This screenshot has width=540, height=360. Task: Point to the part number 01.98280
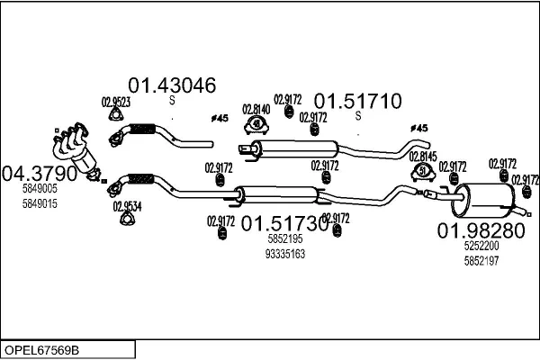pyautogui.click(x=481, y=230)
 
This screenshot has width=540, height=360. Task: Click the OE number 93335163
pyautogui.click(x=286, y=254)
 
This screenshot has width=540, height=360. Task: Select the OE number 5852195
pyautogui.click(x=285, y=239)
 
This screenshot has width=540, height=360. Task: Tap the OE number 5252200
pyautogui.click(x=481, y=246)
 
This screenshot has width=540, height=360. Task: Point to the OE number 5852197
pyautogui.click(x=481, y=260)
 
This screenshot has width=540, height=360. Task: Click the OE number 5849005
pyautogui.click(x=40, y=188)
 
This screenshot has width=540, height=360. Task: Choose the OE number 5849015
pyautogui.click(x=40, y=202)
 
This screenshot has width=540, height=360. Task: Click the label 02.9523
pyautogui.click(x=115, y=102)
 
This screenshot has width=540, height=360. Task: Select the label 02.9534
pyautogui.click(x=127, y=204)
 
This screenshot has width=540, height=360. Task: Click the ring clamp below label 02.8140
pyautogui.click(x=257, y=123)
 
